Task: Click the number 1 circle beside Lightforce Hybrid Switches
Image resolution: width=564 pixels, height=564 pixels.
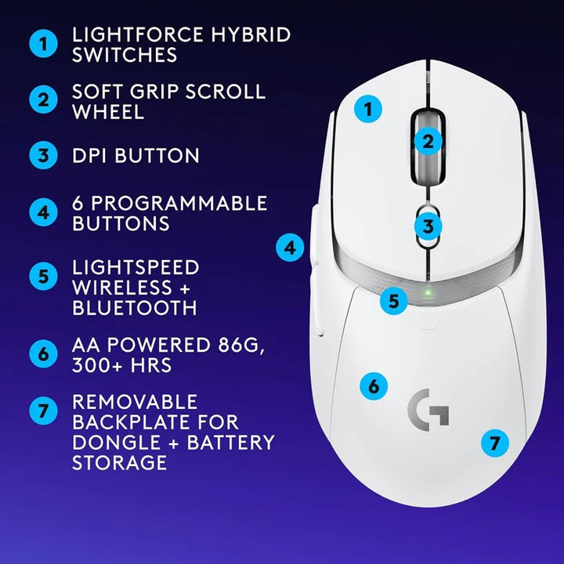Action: click(x=44, y=45)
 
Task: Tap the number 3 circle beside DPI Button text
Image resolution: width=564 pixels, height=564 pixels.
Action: click(x=44, y=154)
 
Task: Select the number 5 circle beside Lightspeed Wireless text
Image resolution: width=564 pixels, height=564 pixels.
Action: click(x=44, y=277)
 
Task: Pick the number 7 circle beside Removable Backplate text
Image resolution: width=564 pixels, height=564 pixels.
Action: click(x=44, y=410)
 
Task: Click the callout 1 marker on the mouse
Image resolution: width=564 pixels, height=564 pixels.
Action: click(x=367, y=109)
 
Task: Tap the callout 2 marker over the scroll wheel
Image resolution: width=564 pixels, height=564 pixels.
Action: click(x=428, y=142)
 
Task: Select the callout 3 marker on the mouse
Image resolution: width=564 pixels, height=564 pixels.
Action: click(x=428, y=227)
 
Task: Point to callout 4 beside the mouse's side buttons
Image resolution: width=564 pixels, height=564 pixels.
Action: click(x=291, y=248)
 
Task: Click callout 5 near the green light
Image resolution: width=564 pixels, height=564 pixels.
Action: click(x=395, y=299)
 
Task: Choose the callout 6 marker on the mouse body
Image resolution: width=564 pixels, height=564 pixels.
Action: click(x=374, y=385)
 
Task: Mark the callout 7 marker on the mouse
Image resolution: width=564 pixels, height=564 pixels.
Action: click(x=493, y=443)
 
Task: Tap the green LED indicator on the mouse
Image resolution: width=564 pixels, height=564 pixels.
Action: click(x=428, y=295)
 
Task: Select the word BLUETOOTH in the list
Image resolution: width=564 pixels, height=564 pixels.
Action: click(x=134, y=308)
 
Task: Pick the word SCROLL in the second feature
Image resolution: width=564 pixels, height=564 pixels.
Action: click(x=225, y=92)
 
